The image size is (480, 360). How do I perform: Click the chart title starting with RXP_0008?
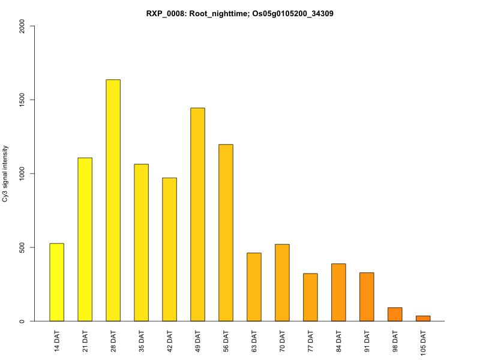click(x=239, y=13)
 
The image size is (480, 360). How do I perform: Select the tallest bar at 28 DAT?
click(x=113, y=200)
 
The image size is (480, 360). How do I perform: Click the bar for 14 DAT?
click(x=56, y=282)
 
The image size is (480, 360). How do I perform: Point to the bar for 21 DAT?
click(x=85, y=239)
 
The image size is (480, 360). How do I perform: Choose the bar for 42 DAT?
click(x=169, y=250)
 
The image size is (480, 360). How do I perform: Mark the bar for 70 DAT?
click(x=282, y=283)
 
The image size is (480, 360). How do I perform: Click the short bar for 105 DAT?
click(x=423, y=319)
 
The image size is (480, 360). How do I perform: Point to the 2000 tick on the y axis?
click(x=22, y=26)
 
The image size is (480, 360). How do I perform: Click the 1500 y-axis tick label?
click(x=22, y=100)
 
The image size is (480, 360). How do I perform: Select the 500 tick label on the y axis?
click(x=22, y=247)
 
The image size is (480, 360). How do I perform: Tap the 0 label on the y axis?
click(x=22, y=321)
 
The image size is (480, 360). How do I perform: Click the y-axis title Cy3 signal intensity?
click(x=6, y=173)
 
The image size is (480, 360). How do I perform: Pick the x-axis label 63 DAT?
click(x=254, y=341)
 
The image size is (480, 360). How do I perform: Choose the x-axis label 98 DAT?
click(x=395, y=341)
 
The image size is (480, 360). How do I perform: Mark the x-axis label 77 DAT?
click(x=311, y=341)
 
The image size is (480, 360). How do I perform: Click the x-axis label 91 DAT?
click(x=367, y=341)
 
